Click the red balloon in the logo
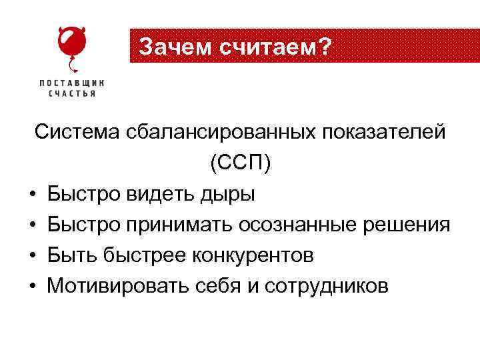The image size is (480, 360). pos(71,43)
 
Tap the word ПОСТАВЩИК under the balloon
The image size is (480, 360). pos(72,83)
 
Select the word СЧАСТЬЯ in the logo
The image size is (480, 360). pos(72,94)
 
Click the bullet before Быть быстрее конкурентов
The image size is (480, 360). pos(32,256)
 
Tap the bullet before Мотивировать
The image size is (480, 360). pos(32,287)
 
